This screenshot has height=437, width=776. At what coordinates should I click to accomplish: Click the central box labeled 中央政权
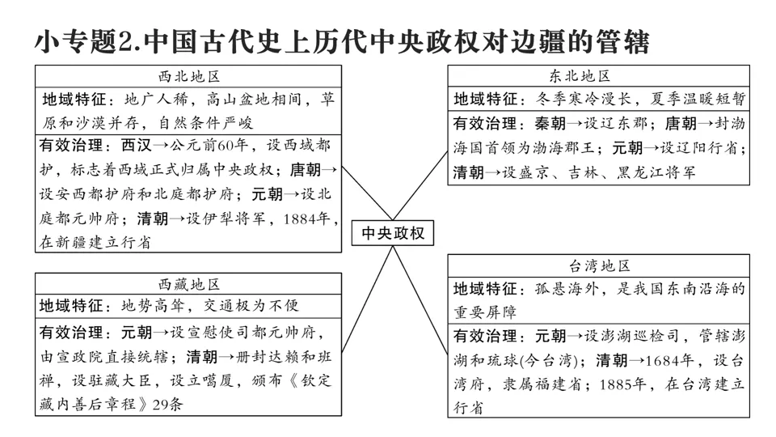(393, 233)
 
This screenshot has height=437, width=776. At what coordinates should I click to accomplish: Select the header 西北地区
(189, 77)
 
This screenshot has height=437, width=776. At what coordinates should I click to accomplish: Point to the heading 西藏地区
(189, 284)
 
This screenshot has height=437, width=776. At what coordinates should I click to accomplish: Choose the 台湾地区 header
(599, 266)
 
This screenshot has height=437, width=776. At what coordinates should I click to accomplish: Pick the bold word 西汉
(134, 146)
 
